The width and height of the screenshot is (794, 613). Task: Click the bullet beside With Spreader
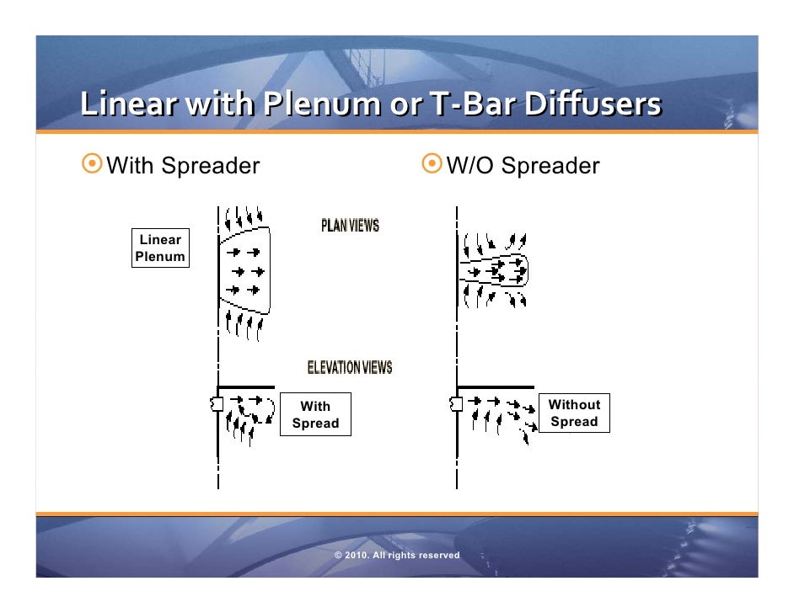coord(92,164)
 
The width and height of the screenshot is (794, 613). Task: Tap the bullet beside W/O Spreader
coord(432,164)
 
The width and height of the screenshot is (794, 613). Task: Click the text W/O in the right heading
coord(470,165)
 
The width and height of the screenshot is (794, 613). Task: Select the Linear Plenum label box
coord(160,248)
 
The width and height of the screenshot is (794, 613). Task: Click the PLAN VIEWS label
coord(350,226)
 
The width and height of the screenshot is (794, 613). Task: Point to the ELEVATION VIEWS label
coord(349,367)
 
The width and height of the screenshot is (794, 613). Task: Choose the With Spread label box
coord(315,415)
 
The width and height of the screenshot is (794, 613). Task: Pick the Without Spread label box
coord(574,413)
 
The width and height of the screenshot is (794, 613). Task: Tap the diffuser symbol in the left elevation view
coord(217,404)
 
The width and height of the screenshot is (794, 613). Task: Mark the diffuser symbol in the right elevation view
coord(456,404)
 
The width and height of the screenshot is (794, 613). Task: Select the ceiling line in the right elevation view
coord(497,387)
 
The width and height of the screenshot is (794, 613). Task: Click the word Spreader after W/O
coord(550,165)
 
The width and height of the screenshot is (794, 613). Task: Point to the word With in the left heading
coord(131,165)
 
